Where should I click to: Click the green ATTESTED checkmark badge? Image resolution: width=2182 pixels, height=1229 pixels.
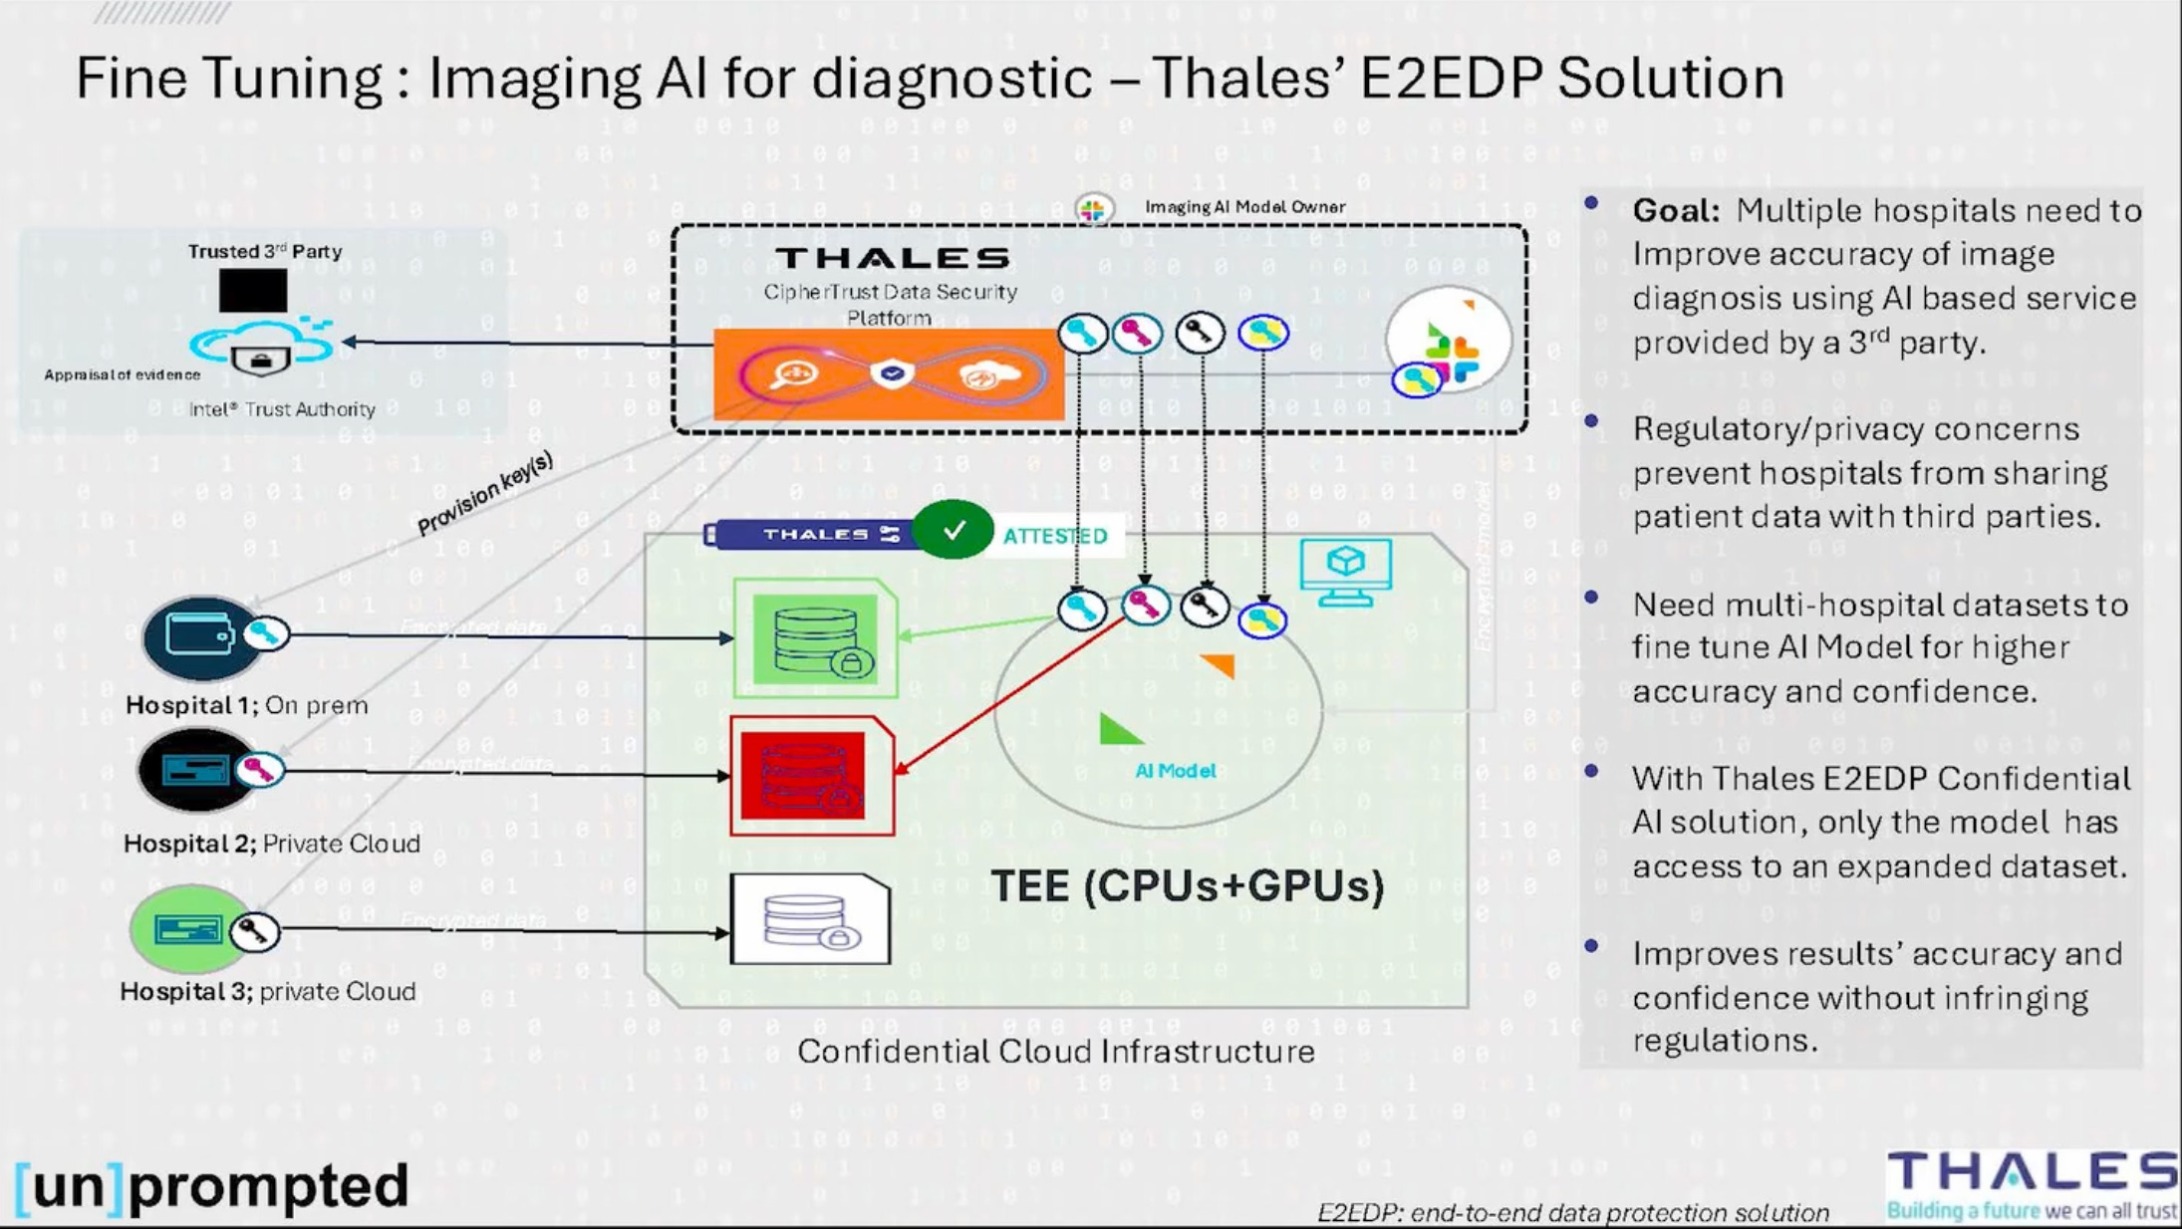coord(953,530)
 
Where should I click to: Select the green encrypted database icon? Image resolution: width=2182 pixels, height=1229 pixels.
coord(815,638)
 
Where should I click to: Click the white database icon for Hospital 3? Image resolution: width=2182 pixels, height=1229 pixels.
coord(810,919)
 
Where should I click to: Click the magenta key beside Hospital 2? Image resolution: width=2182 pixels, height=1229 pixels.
coord(259,769)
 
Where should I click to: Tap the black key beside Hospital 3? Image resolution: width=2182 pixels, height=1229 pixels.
coord(254,932)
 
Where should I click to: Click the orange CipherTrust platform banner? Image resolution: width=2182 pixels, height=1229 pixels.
coord(888,374)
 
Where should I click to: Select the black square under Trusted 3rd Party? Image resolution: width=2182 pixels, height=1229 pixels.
coord(253,291)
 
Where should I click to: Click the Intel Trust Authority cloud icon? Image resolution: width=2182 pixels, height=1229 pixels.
coord(261,348)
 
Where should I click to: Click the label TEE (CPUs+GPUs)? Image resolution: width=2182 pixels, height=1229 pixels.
coord(1187,885)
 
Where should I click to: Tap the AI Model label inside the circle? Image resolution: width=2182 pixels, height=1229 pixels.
coord(1175,771)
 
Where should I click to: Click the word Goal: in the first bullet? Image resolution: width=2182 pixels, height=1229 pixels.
coord(1675,211)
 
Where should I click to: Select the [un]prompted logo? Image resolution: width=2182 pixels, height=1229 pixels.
coord(212,1186)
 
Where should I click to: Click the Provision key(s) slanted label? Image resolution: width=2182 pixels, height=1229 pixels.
coord(484,492)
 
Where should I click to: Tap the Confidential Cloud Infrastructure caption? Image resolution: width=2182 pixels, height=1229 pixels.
coord(1055,1052)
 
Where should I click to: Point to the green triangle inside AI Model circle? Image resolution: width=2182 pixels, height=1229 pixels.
coord(1118,730)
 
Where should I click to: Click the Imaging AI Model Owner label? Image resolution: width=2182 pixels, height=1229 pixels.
coord(1244,207)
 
